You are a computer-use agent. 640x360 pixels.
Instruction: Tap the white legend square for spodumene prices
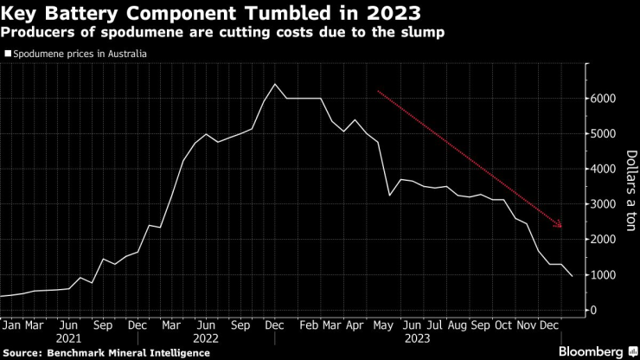8,54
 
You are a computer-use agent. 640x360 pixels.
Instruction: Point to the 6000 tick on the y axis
604,99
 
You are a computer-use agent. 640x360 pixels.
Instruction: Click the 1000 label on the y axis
604,275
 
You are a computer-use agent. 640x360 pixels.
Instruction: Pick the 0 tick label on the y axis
594,310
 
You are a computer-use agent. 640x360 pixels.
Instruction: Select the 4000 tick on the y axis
604,170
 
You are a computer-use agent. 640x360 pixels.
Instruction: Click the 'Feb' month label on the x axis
309,325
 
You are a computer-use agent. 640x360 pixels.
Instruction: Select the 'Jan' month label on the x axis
12,325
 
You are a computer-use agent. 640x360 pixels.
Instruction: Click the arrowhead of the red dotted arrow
560,226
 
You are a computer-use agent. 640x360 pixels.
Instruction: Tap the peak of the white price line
274,84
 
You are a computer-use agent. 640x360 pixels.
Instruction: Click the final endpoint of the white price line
571,276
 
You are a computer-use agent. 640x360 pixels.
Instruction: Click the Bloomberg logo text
590,352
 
